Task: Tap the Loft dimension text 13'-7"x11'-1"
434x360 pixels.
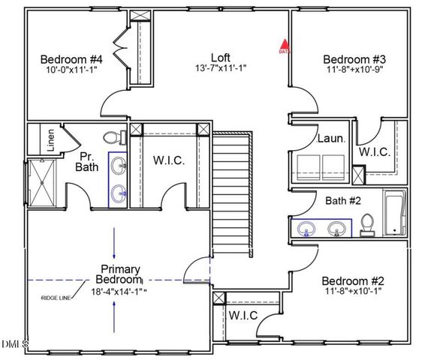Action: tap(219, 68)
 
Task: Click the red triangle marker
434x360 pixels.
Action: tap(284, 46)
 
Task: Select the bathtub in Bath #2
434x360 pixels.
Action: tap(394, 213)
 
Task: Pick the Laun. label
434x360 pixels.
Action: tap(330, 139)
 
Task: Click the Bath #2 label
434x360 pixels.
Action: tap(344, 201)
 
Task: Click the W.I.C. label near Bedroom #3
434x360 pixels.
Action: tap(374, 152)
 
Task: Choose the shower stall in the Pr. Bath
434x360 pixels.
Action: tap(38, 183)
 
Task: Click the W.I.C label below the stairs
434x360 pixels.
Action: tap(243, 315)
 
